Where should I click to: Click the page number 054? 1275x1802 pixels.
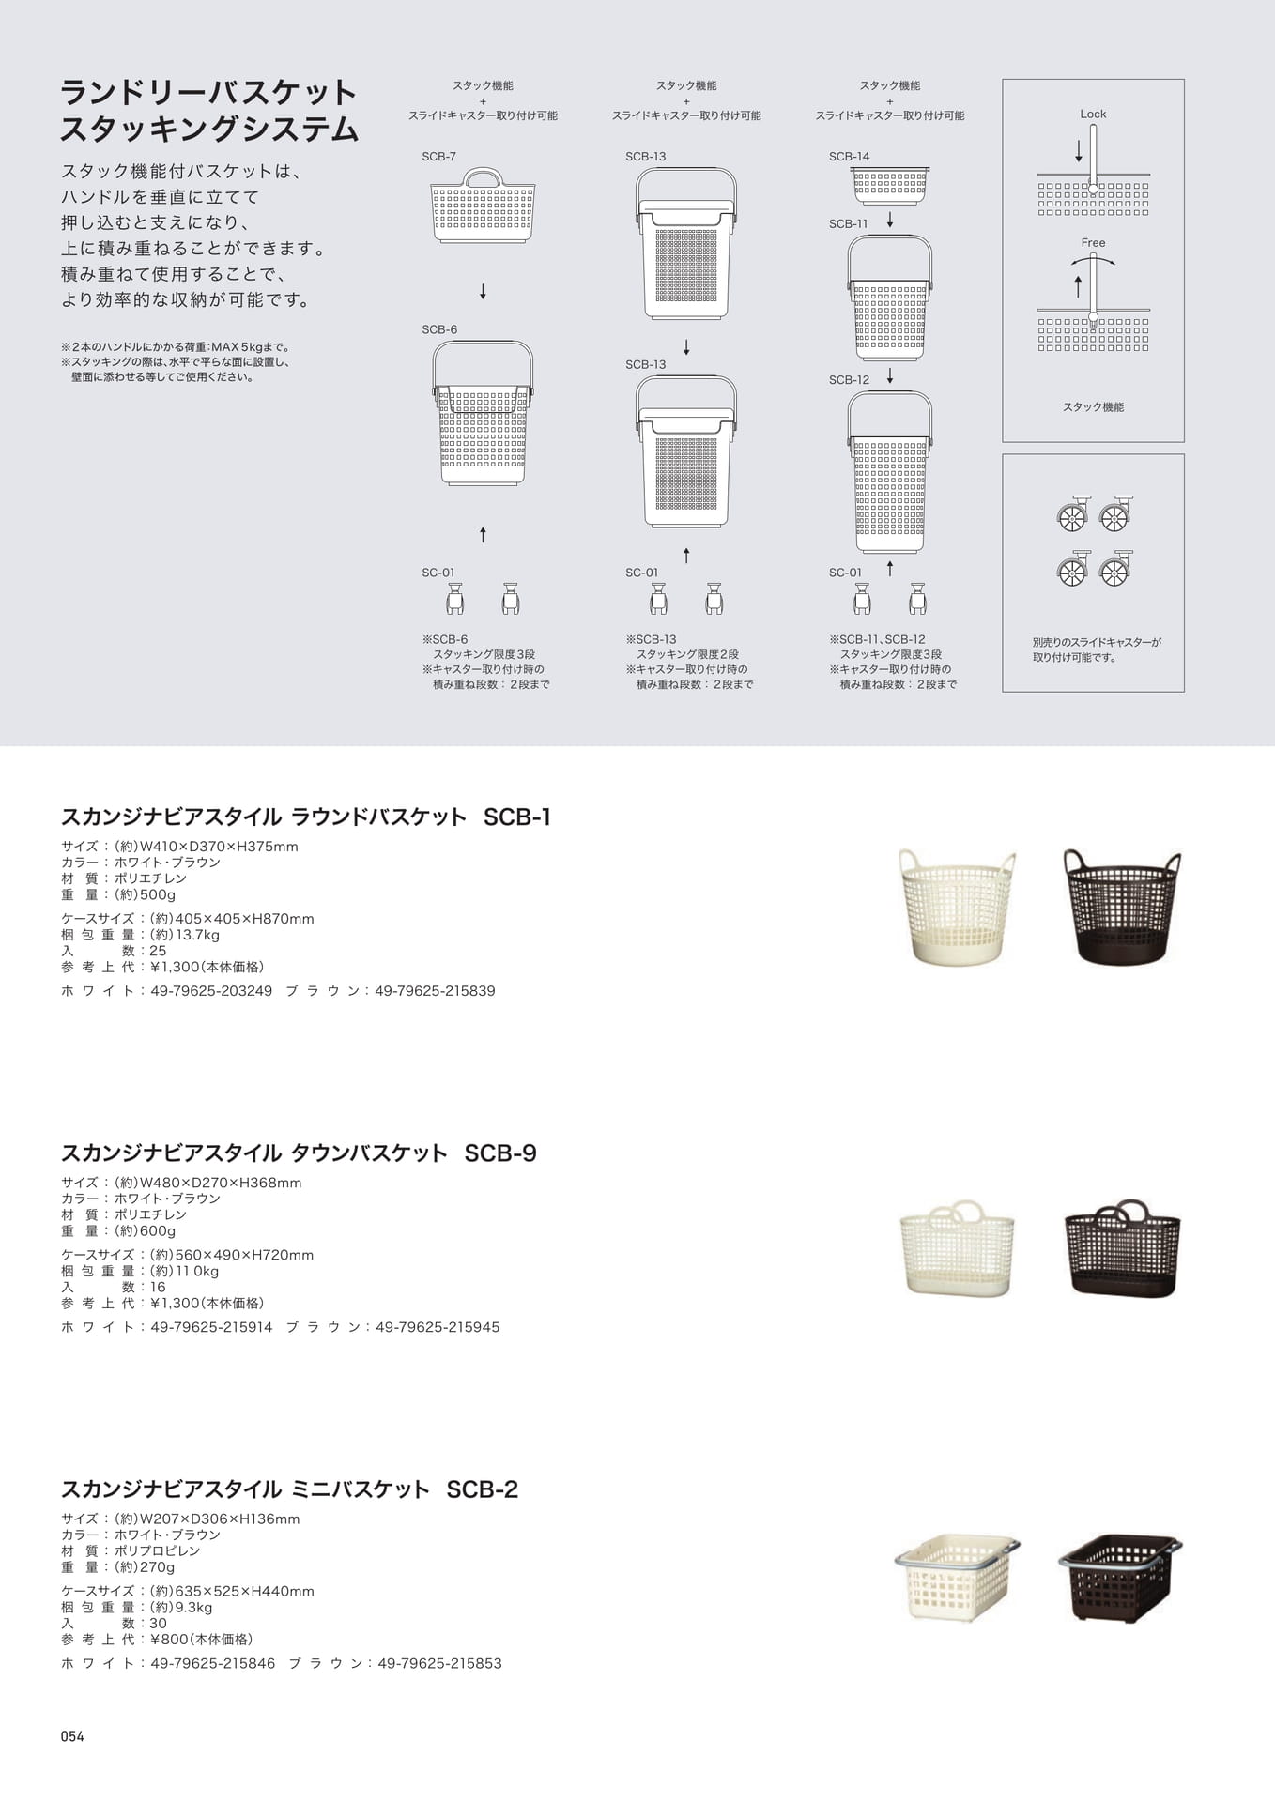pos(72,1736)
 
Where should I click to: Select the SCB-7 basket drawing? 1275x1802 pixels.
pos(483,206)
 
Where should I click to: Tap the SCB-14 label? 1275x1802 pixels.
pos(849,157)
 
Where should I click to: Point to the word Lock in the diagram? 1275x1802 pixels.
pos(1093,115)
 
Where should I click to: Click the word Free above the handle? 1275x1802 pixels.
pos(1093,243)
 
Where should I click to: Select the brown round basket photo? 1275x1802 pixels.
pos(1122,907)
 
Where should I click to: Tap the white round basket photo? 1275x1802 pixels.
pos(957,907)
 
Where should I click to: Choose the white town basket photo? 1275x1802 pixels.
pos(957,1247)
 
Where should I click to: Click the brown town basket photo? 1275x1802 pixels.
pos(1122,1247)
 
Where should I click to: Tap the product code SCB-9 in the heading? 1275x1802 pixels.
pos(500,1153)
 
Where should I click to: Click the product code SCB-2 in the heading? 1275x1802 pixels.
pos(482,1489)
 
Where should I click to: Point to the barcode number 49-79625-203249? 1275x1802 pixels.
pos(211,991)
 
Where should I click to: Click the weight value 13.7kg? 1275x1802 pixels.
pos(197,935)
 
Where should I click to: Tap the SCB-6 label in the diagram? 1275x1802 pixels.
pos(439,329)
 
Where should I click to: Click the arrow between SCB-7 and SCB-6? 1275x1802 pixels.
pos(483,292)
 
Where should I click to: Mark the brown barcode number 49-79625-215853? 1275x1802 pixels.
pos(439,1663)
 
